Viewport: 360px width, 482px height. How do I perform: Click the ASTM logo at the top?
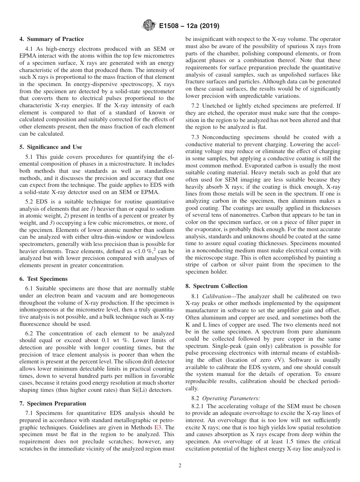click(148, 26)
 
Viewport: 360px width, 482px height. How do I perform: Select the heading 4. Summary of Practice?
click(52, 39)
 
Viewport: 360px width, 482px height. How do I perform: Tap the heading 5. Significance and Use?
click(50, 147)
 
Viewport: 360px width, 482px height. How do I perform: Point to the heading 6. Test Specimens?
click(43, 279)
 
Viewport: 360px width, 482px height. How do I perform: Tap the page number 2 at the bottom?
click(180, 466)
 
